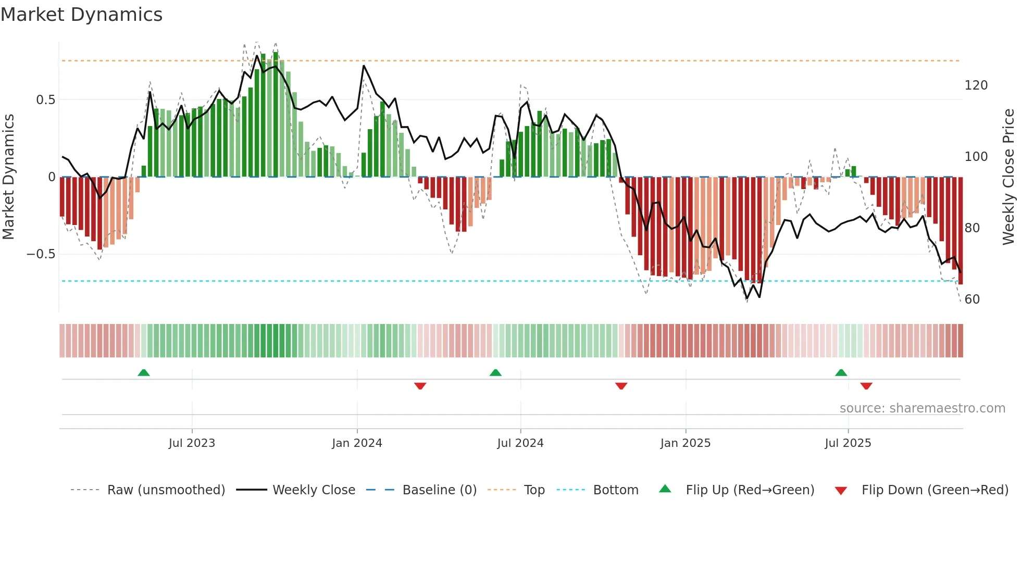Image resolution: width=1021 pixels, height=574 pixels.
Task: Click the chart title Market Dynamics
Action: click(x=81, y=15)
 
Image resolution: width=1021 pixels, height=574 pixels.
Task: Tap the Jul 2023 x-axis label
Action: click(x=192, y=443)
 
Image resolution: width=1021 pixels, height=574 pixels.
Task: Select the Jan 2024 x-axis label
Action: click(x=357, y=443)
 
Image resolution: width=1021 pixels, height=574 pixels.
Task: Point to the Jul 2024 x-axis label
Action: click(x=520, y=443)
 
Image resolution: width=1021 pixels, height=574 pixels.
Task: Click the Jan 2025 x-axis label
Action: click(x=685, y=443)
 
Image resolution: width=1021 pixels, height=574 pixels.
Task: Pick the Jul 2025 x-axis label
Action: click(x=848, y=443)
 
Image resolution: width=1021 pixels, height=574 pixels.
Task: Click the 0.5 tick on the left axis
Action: click(x=45, y=100)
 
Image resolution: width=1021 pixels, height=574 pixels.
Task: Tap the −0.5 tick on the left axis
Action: click(x=41, y=254)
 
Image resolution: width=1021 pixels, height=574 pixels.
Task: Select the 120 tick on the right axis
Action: click(x=976, y=85)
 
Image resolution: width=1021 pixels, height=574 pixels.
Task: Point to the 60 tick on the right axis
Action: click(x=972, y=300)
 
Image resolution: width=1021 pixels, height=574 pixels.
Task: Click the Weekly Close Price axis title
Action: click(x=1008, y=177)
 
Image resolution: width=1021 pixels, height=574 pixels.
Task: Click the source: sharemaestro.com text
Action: click(x=922, y=408)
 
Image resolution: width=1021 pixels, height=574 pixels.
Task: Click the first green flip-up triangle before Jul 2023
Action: click(x=144, y=373)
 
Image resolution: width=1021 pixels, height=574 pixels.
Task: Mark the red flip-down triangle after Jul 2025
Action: click(x=866, y=386)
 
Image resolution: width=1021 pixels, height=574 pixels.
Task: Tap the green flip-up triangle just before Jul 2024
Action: click(x=495, y=373)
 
